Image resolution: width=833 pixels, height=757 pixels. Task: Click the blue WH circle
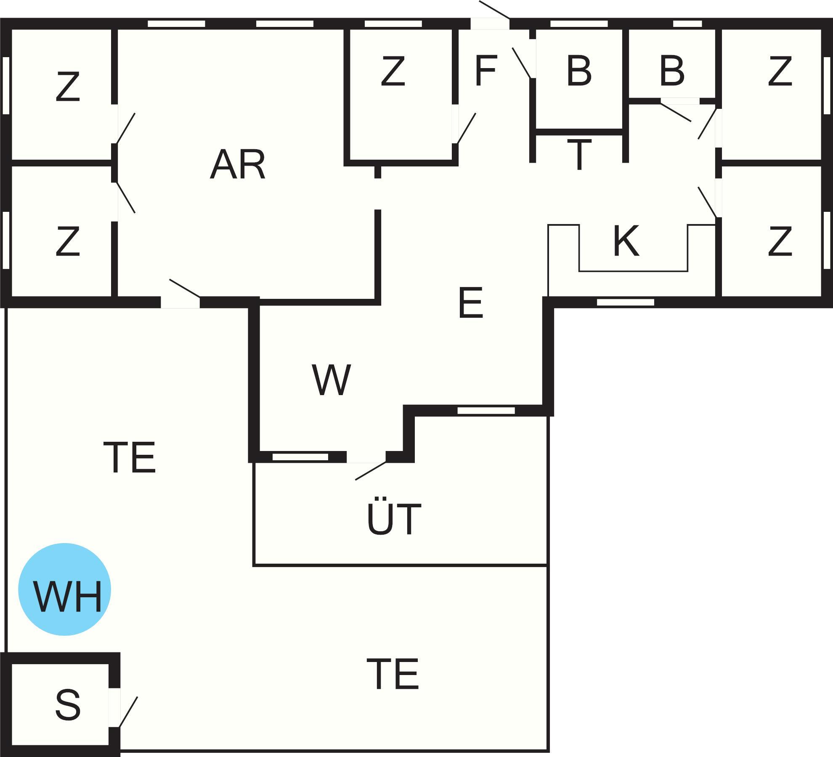coord(64,589)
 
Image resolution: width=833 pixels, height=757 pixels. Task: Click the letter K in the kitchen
coord(626,241)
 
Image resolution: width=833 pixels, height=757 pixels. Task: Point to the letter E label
coord(471,303)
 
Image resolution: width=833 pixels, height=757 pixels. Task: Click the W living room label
coord(331,380)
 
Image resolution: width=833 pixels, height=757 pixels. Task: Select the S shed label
coord(67,704)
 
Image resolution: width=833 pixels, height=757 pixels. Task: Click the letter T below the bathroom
coord(579,154)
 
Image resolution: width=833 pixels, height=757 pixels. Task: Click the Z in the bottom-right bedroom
coord(780,241)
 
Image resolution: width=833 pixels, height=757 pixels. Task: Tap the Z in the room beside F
coord(393,71)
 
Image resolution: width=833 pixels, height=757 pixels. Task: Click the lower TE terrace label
coord(393,674)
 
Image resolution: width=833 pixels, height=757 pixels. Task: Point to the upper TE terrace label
coord(130,457)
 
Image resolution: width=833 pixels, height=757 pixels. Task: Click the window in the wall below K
coord(626,302)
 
